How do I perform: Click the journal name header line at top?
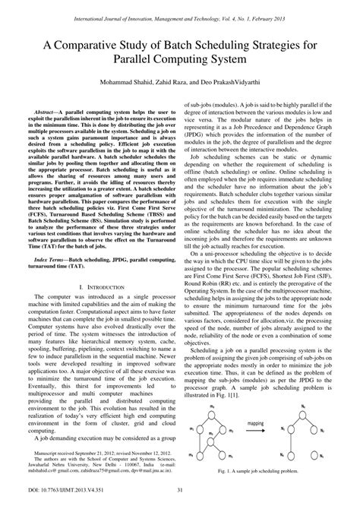(180, 8)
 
